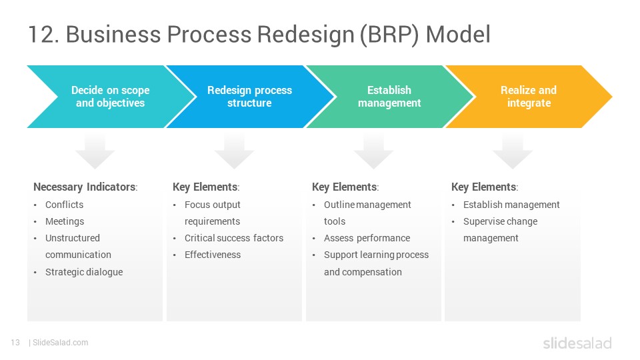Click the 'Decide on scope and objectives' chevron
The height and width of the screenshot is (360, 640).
[x=110, y=97]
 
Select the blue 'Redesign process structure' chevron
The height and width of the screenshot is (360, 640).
[x=249, y=97]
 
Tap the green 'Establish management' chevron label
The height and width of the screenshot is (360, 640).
[x=389, y=97]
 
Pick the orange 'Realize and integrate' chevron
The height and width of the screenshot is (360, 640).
[x=529, y=97]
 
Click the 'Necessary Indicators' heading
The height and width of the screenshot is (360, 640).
[x=85, y=187]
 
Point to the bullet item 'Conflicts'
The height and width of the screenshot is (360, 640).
[x=64, y=205]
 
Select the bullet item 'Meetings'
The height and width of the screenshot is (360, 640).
[x=65, y=221]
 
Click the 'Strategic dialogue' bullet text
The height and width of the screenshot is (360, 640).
[x=84, y=272]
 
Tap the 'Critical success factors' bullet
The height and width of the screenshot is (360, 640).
[x=234, y=238]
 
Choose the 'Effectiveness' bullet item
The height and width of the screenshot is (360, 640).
[x=213, y=255]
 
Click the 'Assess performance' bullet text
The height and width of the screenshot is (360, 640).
[x=367, y=238]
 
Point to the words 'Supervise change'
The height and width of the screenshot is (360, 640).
[x=501, y=221]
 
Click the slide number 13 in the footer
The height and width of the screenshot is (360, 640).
[x=15, y=343]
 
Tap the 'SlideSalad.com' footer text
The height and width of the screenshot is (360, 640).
[x=61, y=343]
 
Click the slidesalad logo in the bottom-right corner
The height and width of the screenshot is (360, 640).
[x=577, y=343]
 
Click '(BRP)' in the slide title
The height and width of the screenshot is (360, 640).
[x=389, y=34]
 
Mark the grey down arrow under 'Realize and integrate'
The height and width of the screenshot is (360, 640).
[x=513, y=151]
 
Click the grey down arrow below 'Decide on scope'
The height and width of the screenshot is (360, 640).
[x=95, y=151]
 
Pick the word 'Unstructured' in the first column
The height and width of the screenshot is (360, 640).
[x=73, y=238]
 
